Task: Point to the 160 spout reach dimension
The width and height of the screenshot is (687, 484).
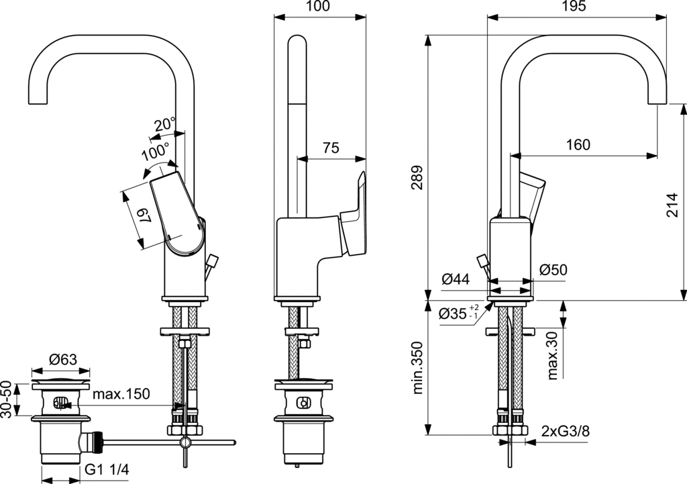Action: [578, 144]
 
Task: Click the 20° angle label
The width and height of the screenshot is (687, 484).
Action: [163, 124]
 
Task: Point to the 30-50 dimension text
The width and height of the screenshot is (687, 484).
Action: [7, 399]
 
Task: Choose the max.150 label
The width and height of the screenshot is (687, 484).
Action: [121, 393]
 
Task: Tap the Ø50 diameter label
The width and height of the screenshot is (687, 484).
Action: [553, 270]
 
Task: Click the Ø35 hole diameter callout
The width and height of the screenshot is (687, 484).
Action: [458, 313]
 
